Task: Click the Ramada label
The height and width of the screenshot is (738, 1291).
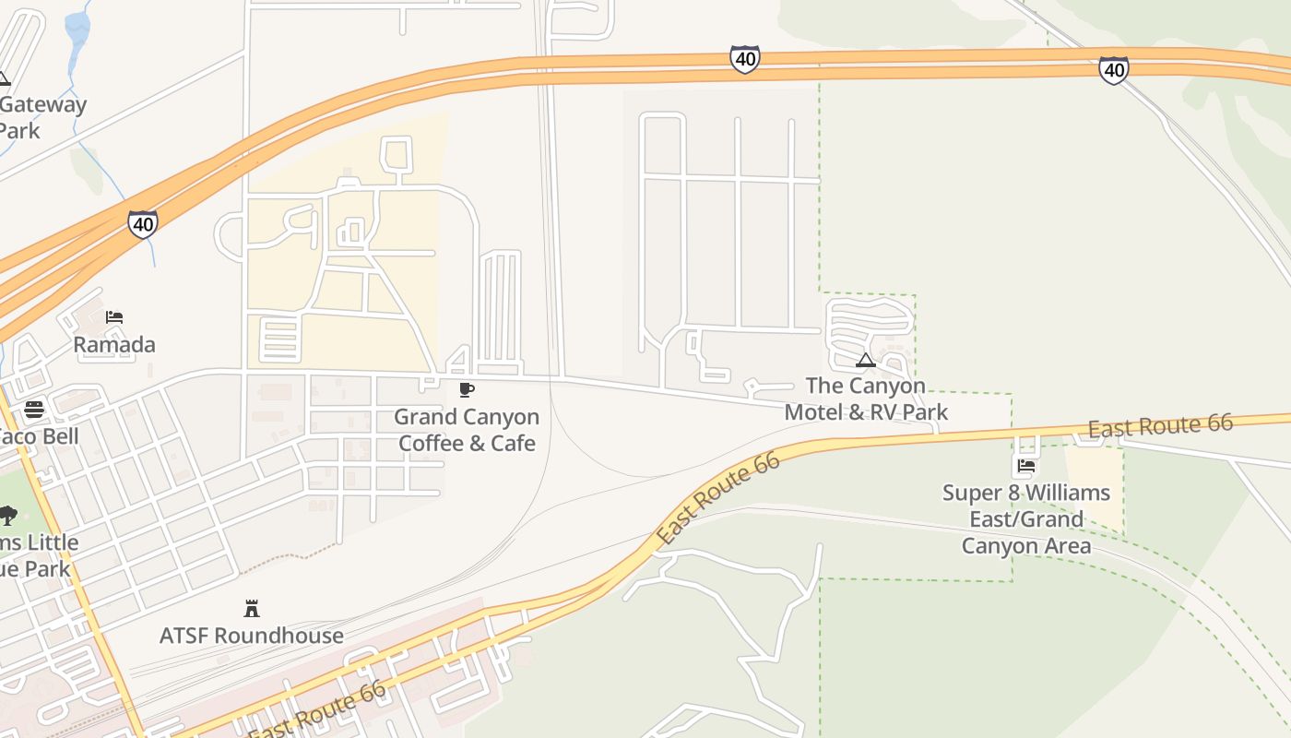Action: point(114,345)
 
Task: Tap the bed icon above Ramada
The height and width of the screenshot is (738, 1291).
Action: point(114,317)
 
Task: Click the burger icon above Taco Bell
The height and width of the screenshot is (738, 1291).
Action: point(34,409)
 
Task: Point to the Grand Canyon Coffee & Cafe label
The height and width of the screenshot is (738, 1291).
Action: point(467,430)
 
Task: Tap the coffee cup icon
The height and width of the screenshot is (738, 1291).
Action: point(467,389)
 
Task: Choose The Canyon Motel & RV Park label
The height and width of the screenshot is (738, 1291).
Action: point(866,399)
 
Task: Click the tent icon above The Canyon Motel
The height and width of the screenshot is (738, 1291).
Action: point(865,360)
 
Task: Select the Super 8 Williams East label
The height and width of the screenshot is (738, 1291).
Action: point(1026,519)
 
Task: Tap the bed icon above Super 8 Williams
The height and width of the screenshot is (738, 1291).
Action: point(1026,466)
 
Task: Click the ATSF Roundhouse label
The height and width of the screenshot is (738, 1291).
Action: point(252,636)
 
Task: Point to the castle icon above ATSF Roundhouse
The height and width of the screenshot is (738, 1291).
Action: point(252,608)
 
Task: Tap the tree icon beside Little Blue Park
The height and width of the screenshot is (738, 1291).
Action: point(7,515)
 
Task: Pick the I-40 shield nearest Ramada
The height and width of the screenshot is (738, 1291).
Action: point(143,223)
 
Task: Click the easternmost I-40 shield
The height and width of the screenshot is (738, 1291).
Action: point(1113,69)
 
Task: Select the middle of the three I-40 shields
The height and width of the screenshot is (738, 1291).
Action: point(744,60)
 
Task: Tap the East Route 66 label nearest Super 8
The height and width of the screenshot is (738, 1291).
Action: point(1160,426)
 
